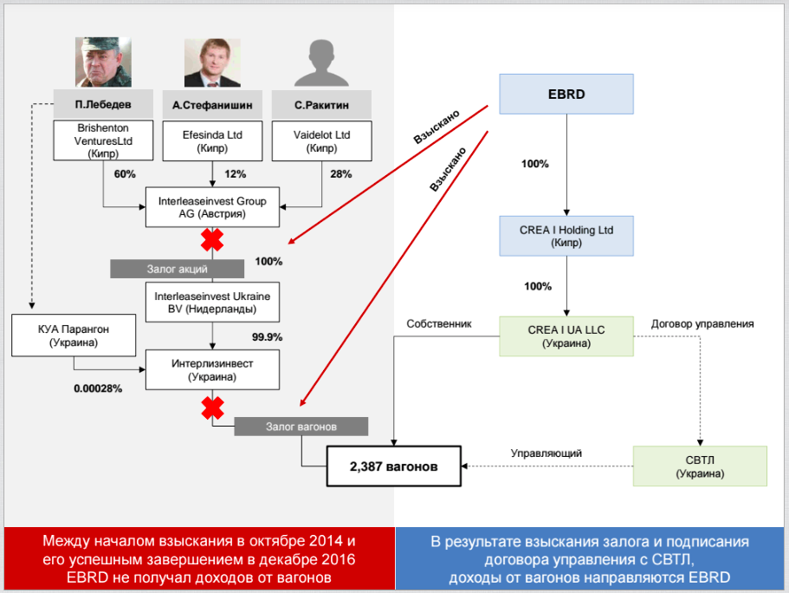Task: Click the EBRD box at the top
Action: coord(566,94)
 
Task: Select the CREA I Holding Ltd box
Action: coord(566,236)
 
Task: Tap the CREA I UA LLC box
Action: coord(566,336)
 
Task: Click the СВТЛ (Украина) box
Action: coord(700,466)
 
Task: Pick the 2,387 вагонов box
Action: coord(393,466)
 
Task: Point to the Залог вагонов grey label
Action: coord(301,427)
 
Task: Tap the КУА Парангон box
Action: coord(74,335)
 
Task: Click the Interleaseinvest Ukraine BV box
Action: coord(213,301)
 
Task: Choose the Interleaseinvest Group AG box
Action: coord(213,207)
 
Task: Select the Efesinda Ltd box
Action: coord(212,140)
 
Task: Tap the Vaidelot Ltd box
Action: coord(321,140)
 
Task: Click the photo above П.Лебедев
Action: coord(102,62)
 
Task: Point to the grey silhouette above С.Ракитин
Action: coord(320,63)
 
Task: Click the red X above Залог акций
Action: coord(213,238)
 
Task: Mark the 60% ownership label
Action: coord(124,173)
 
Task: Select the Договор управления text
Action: coord(702,323)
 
